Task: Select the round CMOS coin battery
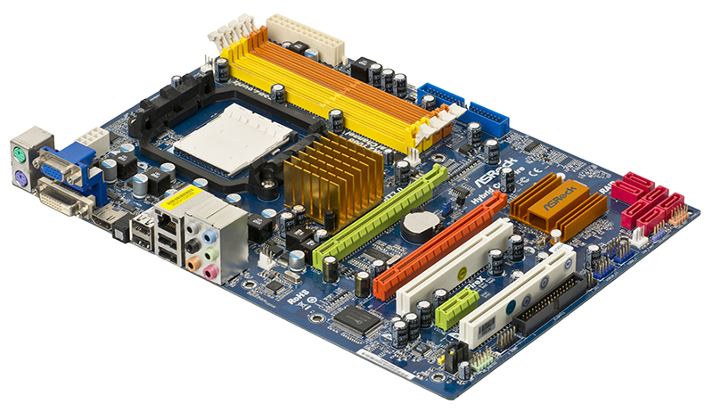[418, 226]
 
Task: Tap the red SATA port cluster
[646, 201]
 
